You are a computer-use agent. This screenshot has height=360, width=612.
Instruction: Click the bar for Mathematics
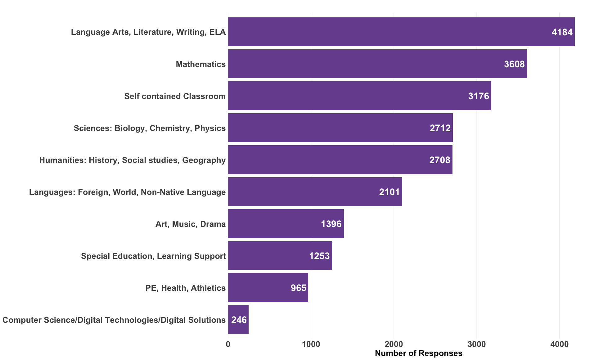click(377, 64)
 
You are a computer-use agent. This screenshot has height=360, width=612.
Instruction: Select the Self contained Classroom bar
click(359, 96)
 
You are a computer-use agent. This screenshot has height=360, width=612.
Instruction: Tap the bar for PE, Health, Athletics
click(268, 288)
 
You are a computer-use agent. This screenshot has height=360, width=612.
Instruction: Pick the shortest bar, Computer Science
click(238, 320)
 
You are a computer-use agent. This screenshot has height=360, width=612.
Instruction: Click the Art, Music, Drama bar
click(286, 224)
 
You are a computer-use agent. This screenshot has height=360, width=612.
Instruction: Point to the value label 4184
click(562, 32)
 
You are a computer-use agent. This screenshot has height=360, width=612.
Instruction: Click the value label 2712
click(440, 128)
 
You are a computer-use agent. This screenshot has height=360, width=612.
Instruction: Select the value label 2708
click(440, 160)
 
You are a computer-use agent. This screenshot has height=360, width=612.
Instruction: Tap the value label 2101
click(389, 192)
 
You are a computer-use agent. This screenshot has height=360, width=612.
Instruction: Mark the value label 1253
click(319, 256)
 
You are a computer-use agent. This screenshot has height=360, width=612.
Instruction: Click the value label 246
click(239, 320)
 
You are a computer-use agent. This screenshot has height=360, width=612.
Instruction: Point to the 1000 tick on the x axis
click(311, 344)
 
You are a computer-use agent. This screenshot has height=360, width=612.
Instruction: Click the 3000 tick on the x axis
click(477, 344)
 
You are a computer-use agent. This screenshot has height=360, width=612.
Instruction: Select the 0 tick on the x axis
click(228, 344)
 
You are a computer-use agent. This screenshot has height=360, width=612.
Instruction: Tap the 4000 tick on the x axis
click(560, 344)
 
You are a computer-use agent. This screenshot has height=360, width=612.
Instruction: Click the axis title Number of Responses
click(419, 353)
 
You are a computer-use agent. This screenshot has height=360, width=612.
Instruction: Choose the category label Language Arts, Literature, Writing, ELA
click(148, 32)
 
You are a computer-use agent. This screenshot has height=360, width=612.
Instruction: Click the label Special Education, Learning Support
click(153, 256)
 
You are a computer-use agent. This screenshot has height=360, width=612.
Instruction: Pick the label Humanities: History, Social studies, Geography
click(133, 160)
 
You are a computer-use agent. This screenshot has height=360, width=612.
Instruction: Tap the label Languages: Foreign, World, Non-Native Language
click(128, 192)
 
